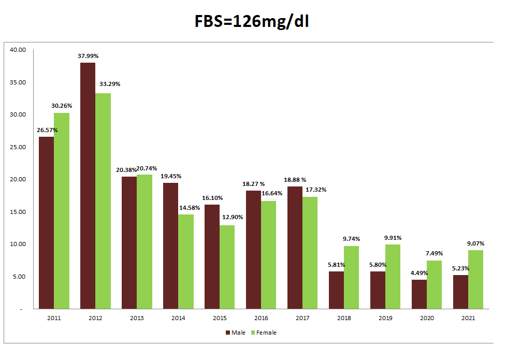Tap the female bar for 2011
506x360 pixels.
(x=62, y=211)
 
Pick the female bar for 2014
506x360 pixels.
(x=186, y=262)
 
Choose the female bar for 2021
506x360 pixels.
(x=476, y=280)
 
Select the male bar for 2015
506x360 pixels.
(x=212, y=256)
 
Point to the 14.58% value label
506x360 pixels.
(x=190, y=207)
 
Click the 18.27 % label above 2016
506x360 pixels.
(x=254, y=184)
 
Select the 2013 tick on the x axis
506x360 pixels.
(x=137, y=318)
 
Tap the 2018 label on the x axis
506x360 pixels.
(x=344, y=318)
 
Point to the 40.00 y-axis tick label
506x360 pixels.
(x=18, y=50)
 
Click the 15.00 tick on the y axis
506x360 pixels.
(x=18, y=212)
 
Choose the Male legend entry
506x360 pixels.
(x=235, y=333)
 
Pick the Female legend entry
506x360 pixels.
(x=264, y=333)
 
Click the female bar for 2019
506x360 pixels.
(x=393, y=277)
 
